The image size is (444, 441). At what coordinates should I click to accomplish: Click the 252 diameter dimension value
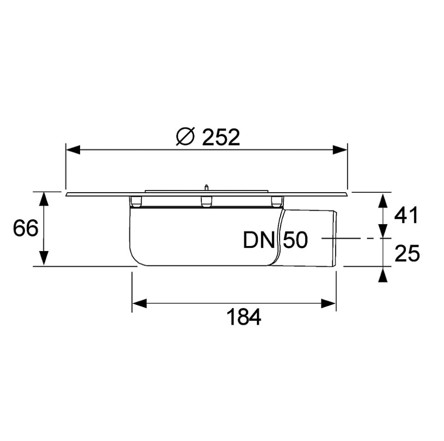click(x=221, y=138)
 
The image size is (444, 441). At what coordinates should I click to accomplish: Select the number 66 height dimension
click(x=25, y=228)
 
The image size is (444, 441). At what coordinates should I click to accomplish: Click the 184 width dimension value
click(x=244, y=318)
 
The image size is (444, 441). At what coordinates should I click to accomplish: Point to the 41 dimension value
click(x=406, y=216)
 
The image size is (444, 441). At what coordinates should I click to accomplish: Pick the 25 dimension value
click(x=406, y=253)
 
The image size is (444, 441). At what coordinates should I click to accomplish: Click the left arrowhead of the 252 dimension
click(x=73, y=150)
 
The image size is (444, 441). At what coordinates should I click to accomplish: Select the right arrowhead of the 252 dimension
click(x=340, y=150)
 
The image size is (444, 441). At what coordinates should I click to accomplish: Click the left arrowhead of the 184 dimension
click(x=139, y=303)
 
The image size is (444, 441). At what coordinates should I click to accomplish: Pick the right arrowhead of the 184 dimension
click(x=329, y=303)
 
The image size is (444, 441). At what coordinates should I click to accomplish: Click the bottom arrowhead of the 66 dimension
click(x=43, y=258)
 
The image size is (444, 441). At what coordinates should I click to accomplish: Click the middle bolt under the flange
click(x=205, y=202)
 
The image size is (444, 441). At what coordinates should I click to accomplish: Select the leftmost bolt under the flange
click(x=136, y=202)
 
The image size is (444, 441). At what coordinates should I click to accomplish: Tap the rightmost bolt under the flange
click(x=276, y=202)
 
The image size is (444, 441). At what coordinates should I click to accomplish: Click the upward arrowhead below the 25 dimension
click(x=383, y=275)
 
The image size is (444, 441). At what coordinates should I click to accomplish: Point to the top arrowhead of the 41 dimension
click(x=383, y=200)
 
